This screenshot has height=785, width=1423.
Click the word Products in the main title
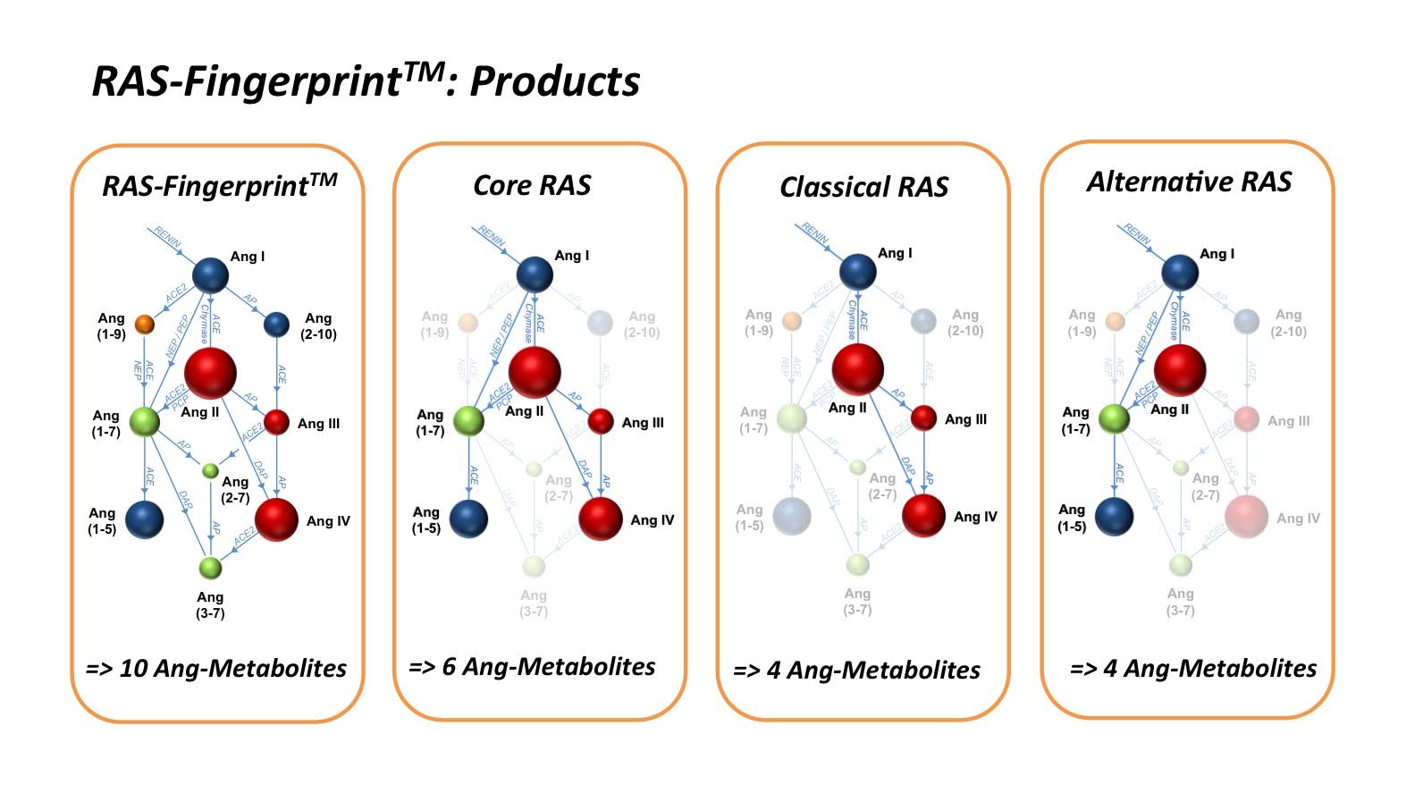click(554, 81)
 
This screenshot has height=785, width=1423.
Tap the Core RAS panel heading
click(532, 185)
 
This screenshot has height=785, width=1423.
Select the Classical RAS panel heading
click(863, 187)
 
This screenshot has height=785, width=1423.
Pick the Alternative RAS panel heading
click(1189, 182)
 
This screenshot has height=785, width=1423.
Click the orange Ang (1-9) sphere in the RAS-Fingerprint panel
click(143, 324)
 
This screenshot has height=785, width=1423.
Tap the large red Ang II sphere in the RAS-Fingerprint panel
click(210, 373)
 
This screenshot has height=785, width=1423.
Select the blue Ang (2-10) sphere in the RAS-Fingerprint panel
click(276, 324)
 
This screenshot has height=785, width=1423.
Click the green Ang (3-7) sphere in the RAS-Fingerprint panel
click(210, 567)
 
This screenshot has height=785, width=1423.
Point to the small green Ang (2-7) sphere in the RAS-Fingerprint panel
click(210, 470)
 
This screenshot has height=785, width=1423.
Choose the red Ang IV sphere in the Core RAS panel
click(601, 518)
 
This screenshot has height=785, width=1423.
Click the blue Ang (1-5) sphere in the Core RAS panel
click(468, 519)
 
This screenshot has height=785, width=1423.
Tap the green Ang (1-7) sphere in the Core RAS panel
click(468, 420)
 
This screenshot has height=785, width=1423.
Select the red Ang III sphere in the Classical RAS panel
click(923, 418)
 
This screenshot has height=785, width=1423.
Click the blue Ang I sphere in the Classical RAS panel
click(858, 271)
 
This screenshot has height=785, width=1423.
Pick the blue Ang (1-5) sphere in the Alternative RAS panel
click(1114, 516)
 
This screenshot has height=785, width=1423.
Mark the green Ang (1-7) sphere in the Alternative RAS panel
click(1114, 418)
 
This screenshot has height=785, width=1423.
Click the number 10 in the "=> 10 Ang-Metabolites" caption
click(133, 669)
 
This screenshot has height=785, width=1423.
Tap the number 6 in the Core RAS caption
click(449, 667)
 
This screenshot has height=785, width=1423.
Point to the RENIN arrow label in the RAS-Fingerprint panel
click(167, 237)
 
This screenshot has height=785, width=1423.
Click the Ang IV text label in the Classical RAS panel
click(975, 517)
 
